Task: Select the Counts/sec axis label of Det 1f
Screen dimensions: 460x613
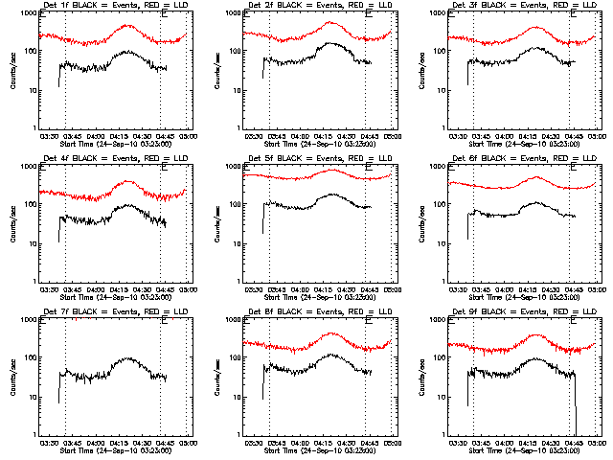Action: pos(11,72)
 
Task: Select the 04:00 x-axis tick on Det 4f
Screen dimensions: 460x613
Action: pos(97,290)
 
